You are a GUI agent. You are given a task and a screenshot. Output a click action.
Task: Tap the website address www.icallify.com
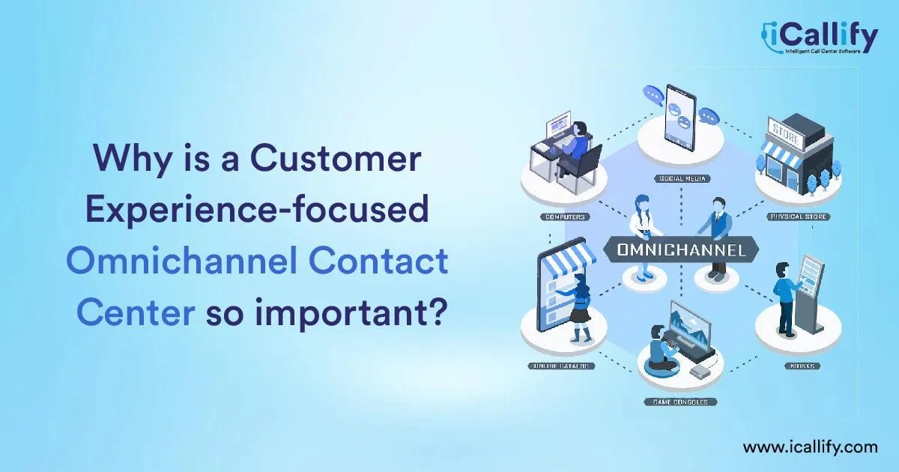810,447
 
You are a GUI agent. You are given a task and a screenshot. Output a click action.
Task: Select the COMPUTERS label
564,217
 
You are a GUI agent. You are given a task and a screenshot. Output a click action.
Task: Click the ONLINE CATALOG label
563,366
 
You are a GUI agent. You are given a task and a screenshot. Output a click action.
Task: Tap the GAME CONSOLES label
680,402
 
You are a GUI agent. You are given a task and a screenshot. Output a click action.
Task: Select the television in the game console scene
690,324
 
